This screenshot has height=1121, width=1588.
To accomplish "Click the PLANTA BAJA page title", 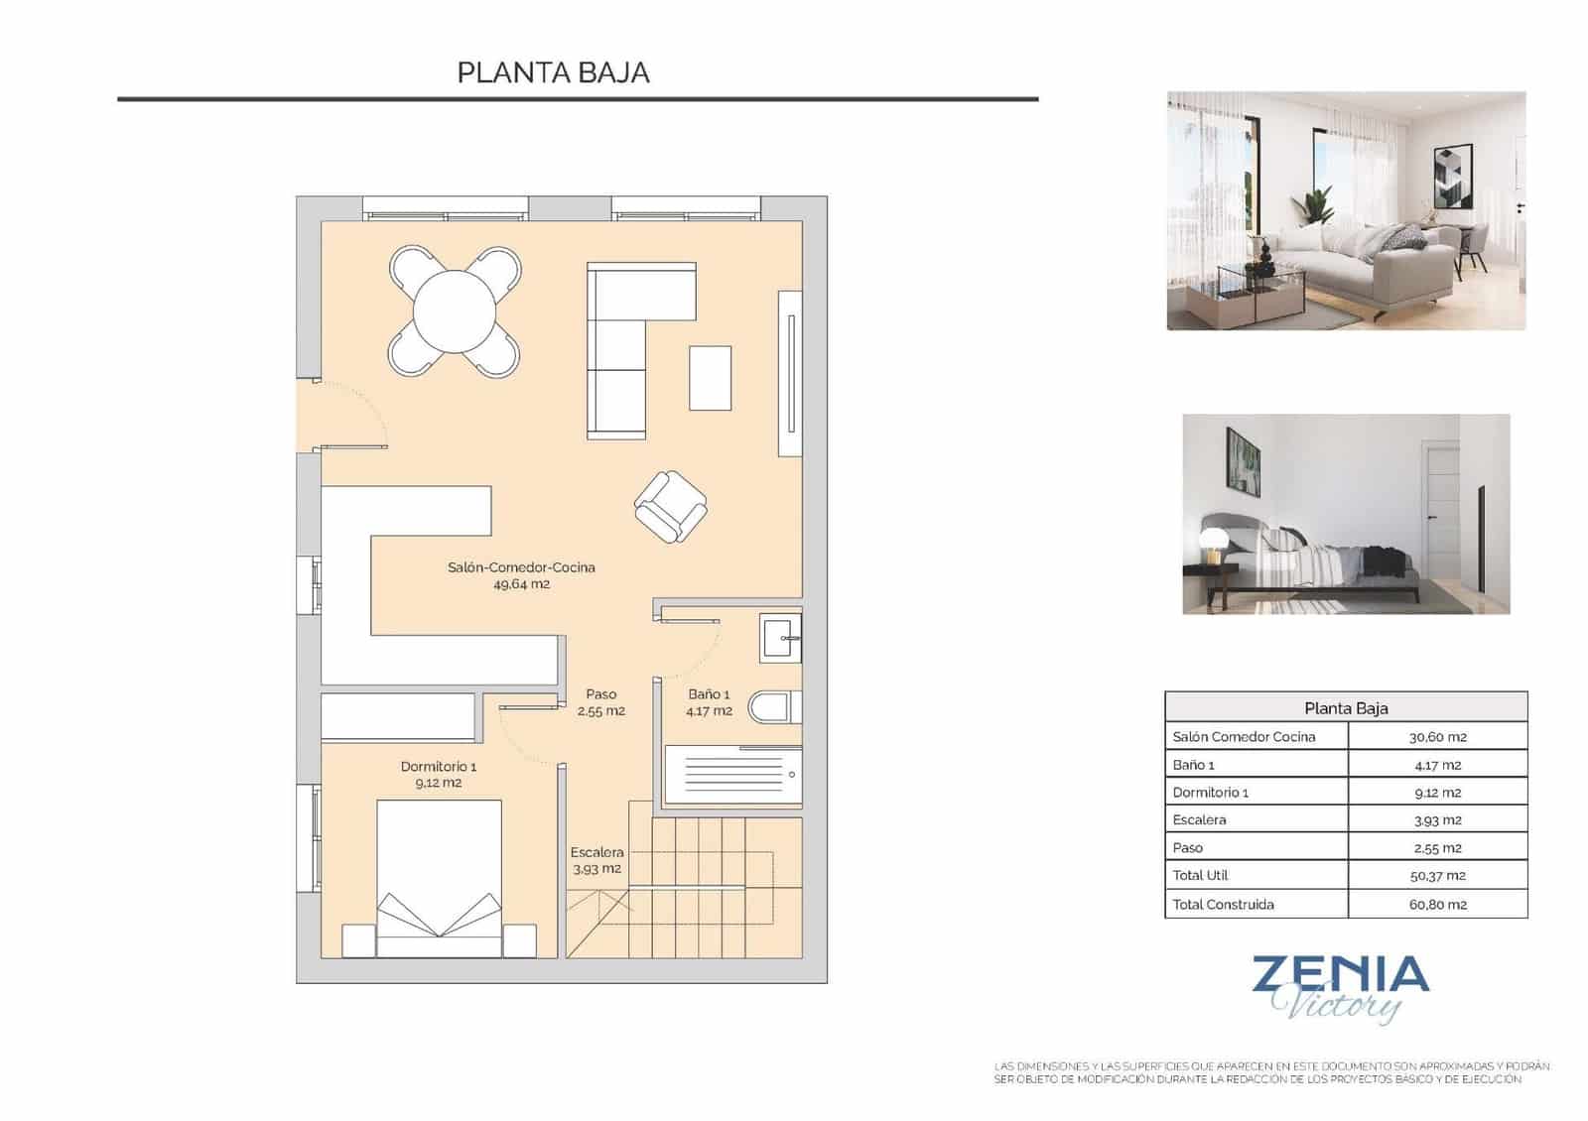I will point(553,72).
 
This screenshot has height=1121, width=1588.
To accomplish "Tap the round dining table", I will point(454,311).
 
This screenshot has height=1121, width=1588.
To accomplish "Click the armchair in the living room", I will point(671,507).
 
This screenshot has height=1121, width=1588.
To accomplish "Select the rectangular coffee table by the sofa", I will point(710,377).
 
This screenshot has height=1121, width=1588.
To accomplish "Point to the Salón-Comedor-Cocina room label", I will point(521,567).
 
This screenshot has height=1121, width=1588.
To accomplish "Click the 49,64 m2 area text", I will point(521,584).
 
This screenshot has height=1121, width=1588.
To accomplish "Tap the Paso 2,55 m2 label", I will point(600,702).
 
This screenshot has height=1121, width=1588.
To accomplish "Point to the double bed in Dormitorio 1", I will point(439,878).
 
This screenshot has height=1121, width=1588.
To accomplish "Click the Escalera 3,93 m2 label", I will point(596,860).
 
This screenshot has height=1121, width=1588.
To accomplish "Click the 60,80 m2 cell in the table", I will point(1436,904).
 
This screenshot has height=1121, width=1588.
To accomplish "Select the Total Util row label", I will point(1200,875).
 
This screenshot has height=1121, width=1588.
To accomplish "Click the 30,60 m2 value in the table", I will point(1436,737).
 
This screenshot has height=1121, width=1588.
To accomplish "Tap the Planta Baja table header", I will point(1345,708).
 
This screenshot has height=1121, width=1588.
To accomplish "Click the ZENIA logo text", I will point(1340,975).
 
